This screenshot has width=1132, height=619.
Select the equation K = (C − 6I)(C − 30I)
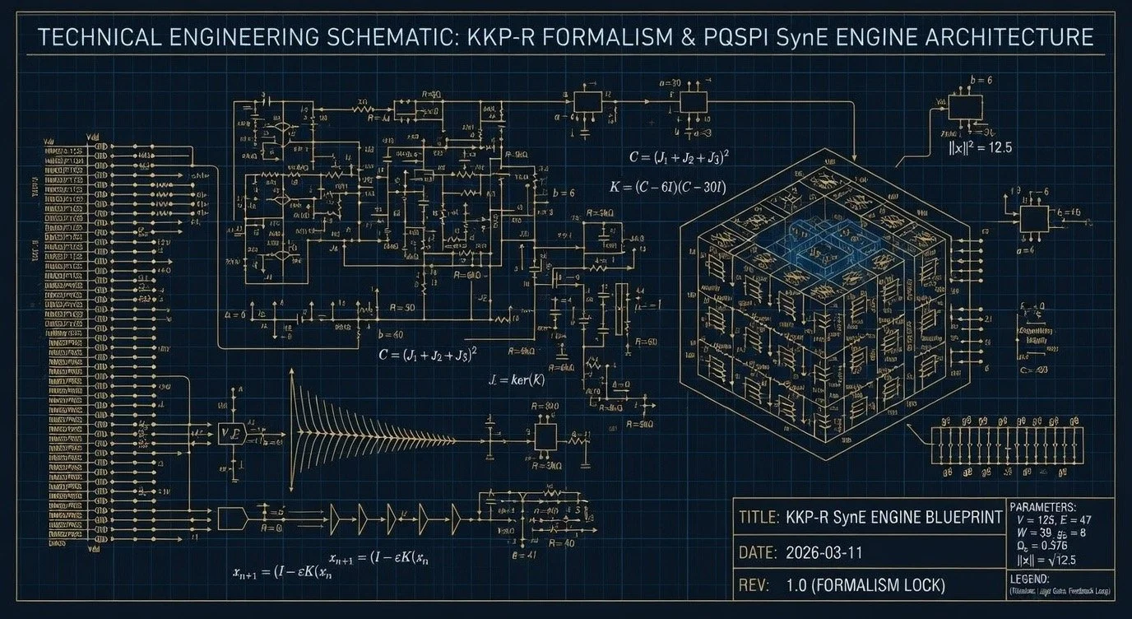pyautogui.click(x=666, y=188)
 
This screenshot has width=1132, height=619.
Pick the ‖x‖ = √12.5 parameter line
pyautogui.click(x=1047, y=561)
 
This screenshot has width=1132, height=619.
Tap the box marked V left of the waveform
pyautogui.click(x=230, y=432)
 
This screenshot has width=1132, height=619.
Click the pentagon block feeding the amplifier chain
pyautogui.click(x=232, y=518)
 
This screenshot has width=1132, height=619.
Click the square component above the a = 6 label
pyautogui.click(x=1033, y=218)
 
